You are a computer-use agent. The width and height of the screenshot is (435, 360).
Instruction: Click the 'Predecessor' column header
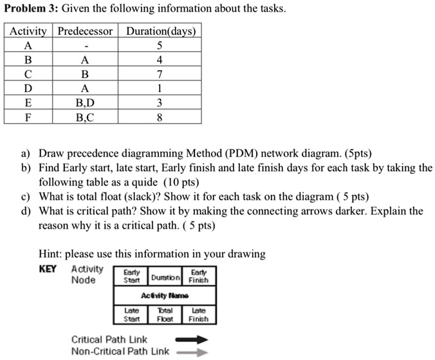pyautogui.click(x=85, y=32)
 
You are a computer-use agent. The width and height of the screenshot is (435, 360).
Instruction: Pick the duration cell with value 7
pyautogui.click(x=160, y=74)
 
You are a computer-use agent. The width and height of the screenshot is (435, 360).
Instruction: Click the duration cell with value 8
pyautogui.click(x=160, y=117)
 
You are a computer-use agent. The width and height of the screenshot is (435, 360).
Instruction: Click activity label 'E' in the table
pyautogui.click(x=28, y=103)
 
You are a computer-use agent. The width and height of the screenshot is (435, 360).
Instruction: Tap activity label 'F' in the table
pyautogui.click(x=28, y=117)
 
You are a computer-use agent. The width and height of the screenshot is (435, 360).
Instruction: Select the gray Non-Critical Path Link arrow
pyautogui.click(x=192, y=352)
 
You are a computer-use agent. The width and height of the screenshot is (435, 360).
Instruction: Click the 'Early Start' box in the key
pyautogui.click(x=131, y=276)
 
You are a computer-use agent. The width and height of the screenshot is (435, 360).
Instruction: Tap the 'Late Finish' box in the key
pyautogui.click(x=198, y=314)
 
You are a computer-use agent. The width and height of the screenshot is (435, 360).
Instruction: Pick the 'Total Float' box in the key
pyautogui.click(x=165, y=314)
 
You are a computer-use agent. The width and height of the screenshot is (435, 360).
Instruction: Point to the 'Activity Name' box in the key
pyautogui.click(x=165, y=295)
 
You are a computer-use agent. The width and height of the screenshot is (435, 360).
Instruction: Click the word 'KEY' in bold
pyautogui.click(x=48, y=269)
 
